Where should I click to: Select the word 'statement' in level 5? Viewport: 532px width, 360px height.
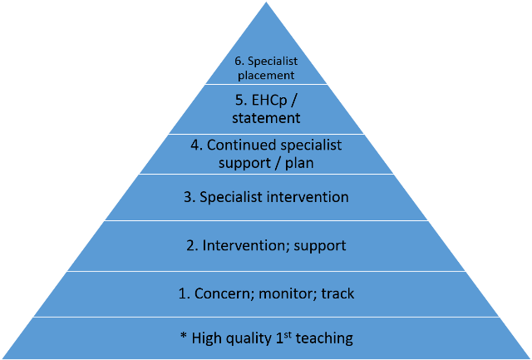click(x=266, y=118)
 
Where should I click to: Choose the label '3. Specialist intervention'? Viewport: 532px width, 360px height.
click(x=266, y=197)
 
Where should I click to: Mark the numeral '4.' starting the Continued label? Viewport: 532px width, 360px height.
click(x=196, y=145)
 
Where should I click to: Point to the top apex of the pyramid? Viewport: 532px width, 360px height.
click(x=266, y=2)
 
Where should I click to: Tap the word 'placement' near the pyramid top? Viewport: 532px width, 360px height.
click(x=266, y=75)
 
